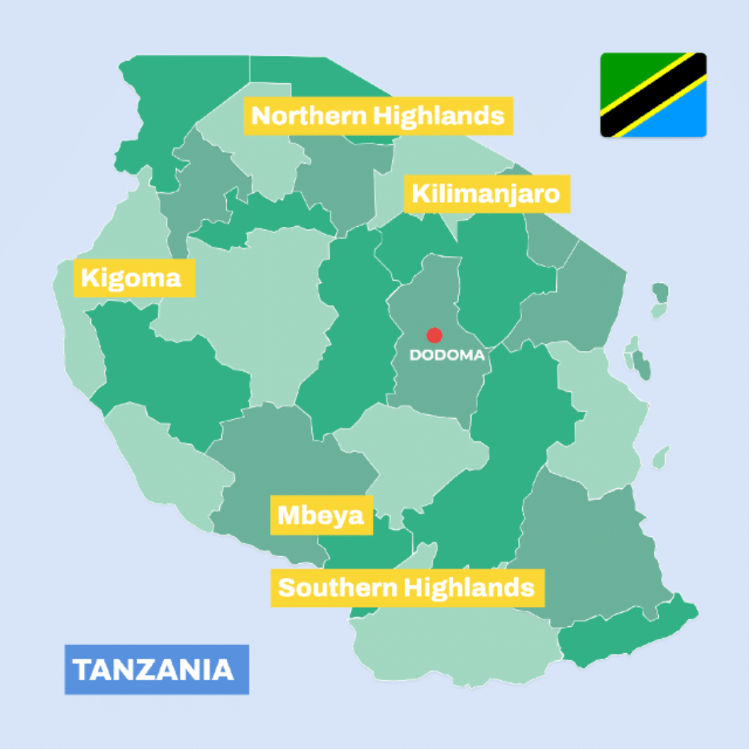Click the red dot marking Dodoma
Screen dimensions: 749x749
pyautogui.click(x=434, y=336)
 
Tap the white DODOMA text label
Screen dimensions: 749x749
pyautogui.click(x=447, y=355)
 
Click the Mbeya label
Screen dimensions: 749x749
pyautogui.click(x=321, y=515)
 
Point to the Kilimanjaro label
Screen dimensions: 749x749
pyautogui.click(x=486, y=193)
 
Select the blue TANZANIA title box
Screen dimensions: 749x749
pyautogui.click(x=157, y=669)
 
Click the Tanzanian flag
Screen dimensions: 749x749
pyautogui.click(x=653, y=95)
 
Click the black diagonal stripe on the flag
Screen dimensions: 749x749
pyautogui.click(x=653, y=95)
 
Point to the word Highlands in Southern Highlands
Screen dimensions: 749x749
pyautogui.click(x=470, y=588)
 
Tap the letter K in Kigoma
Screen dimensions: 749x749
pyautogui.click(x=89, y=278)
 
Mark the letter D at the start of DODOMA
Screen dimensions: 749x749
pyautogui.click(x=415, y=355)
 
